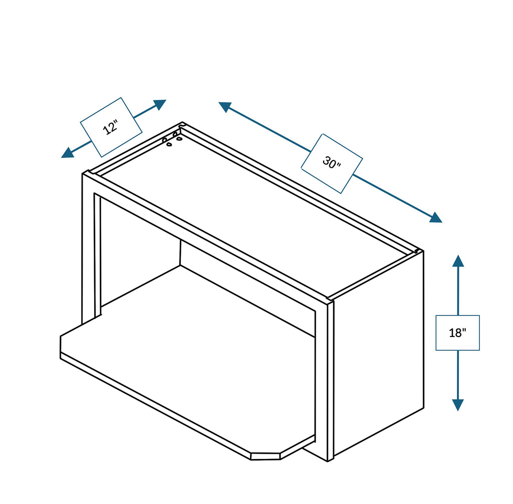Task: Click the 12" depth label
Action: (x=111, y=127)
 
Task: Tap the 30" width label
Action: (x=332, y=163)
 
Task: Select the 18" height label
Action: (x=457, y=332)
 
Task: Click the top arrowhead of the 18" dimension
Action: (x=458, y=261)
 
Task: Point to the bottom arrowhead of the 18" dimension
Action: (x=458, y=405)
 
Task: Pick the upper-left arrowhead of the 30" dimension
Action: (x=225, y=107)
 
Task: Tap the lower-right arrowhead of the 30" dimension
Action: (x=436, y=218)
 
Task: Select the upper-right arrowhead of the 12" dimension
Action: (x=160, y=104)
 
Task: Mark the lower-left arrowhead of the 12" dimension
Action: (x=68, y=153)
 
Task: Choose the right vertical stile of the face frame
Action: (x=321, y=383)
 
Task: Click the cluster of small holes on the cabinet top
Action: (x=172, y=139)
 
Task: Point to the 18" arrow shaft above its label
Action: (x=458, y=291)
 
